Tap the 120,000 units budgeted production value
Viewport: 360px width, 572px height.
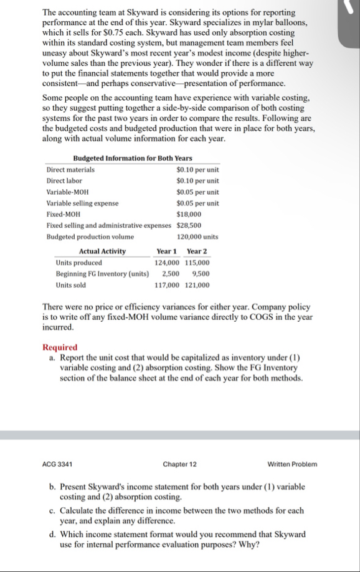(197, 237)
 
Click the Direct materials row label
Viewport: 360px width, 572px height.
(71, 169)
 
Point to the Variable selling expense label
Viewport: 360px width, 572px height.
(82, 203)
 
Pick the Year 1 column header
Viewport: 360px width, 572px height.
(166, 251)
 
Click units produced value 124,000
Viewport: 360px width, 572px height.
(166, 263)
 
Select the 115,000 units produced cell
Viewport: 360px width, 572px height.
(197, 263)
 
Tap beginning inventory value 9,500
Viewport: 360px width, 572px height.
(201, 274)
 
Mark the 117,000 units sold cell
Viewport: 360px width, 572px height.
(166, 285)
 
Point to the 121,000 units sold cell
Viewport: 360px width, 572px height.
(197, 285)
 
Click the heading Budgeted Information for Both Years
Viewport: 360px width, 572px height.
(133, 159)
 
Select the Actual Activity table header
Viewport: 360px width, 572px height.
(102, 251)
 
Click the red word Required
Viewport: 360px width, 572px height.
(60, 347)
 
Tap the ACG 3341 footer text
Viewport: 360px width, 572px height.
(57, 464)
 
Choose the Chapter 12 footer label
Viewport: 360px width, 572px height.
(179, 464)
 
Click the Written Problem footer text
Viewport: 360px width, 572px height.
(292, 464)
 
